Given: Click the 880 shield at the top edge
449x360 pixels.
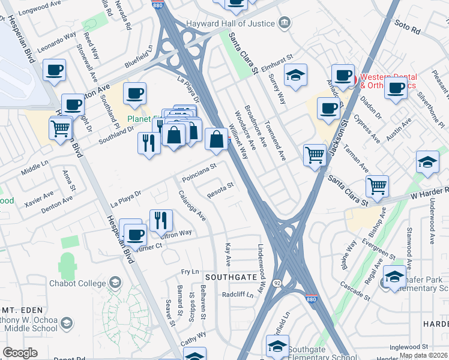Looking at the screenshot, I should click(157, 5).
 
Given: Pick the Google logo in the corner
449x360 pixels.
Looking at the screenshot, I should click(20, 352).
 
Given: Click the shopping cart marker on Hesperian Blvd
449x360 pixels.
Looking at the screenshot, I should click(60, 128).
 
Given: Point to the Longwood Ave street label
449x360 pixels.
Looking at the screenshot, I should click(41, 10).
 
